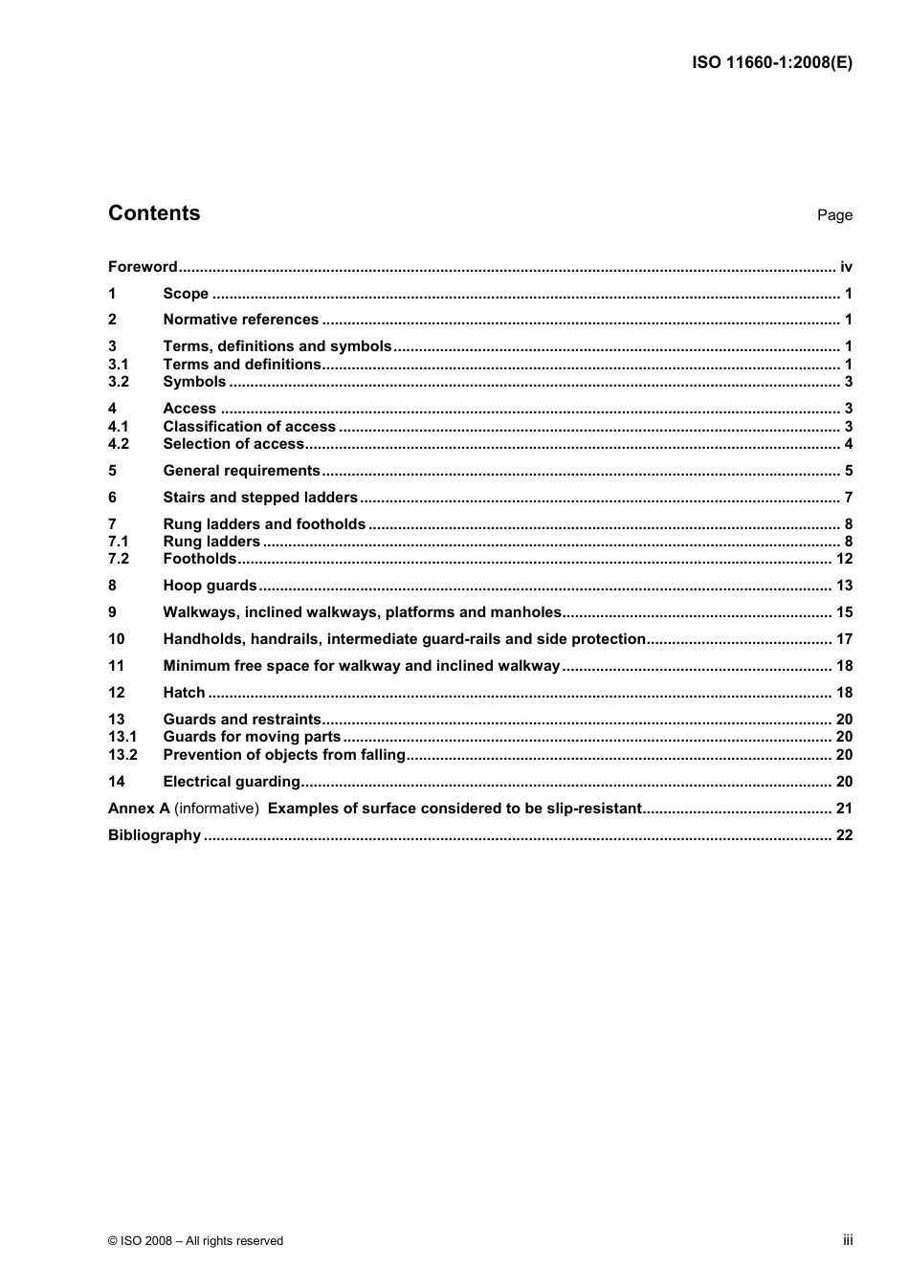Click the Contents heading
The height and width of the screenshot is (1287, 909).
click(154, 213)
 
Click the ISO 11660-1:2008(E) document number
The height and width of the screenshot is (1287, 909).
click(771, 63)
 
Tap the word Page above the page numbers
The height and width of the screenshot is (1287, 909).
click(834, 215)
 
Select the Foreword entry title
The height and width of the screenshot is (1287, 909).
click(143, 267)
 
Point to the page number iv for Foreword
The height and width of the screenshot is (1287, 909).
click(846, 267)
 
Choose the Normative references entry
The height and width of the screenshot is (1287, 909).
click(241, 320)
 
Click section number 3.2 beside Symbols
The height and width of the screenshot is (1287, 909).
click(119, 382)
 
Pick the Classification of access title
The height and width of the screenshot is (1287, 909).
click(250, 427)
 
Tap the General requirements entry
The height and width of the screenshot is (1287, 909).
click(242, 471)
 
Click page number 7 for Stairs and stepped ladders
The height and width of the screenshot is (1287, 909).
click(848, 498)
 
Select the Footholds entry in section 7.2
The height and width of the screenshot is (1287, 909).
click(200, 559)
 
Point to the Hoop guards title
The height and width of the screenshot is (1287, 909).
click(211, 586)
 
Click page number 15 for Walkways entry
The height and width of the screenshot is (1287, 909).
click(844, 612)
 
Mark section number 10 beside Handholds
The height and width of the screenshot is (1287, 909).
click(117, 639)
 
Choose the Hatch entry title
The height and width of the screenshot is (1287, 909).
click(185, 693)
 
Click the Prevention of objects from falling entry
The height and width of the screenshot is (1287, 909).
click(285, 755)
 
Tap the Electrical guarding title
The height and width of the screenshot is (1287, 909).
click(232, 782)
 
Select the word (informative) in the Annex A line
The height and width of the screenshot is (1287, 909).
click(216, 809)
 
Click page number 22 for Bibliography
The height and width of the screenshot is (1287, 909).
click(844, 835)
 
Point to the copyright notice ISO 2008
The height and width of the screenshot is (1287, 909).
click(195, 1241)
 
